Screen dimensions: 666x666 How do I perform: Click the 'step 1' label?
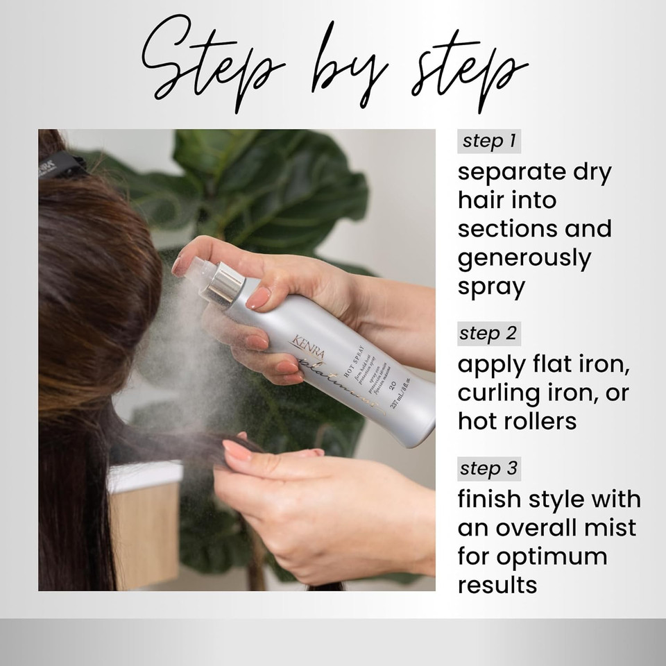tap(489, 142)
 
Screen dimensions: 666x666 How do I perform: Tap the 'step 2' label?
tap(489, 334)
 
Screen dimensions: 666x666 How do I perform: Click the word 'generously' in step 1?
tap(524, 258)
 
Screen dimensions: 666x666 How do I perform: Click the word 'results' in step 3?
tap(497, 584)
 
